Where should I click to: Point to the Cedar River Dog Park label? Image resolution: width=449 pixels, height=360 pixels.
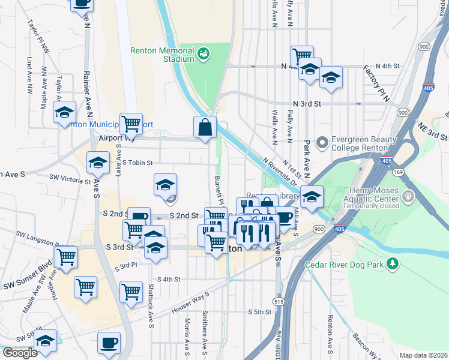pyautogui.click(x=345, y=265)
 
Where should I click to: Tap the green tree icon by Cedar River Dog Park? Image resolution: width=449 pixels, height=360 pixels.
pyautogui.click(x=392, y=264)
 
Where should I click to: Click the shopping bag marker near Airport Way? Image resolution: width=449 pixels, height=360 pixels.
pyautogui.click(x=205, y=127)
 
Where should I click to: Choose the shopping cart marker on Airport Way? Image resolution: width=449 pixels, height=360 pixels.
pyautogui.click(x=131, y=124)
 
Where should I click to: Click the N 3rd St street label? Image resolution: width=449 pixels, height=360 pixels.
pyautogui.click(x=307, y=103)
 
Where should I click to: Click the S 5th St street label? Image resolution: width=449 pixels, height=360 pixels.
pyautogui.click(x=261, y=312)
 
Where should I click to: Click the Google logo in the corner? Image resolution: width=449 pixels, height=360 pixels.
pyautogui.click(x=19, y=353)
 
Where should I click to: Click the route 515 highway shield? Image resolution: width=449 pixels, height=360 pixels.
pyautogui.click(x=278, y=301)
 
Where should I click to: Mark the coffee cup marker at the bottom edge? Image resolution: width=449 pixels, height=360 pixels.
pyautogui.click(x=109, y=343)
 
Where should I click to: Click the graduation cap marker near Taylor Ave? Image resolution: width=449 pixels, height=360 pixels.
pyautogui.click(x=64, y=112)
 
